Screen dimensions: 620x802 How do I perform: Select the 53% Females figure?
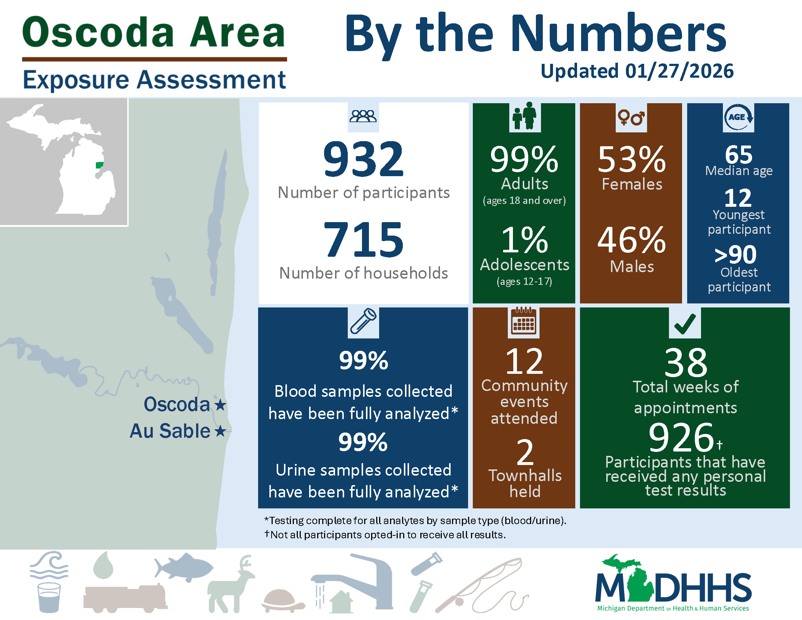coord(631,159)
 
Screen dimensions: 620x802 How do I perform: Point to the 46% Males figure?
coord(631,240)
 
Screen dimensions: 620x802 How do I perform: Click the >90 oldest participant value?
coord(736,255)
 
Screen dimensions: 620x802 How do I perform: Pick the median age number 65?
coord(739,155)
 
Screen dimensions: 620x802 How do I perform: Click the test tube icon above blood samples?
coord(363,321)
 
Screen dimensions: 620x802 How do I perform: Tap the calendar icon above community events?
coord(523,321)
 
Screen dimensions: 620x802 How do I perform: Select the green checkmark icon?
coord(685,323)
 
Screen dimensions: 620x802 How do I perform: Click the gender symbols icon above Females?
coord(631,117)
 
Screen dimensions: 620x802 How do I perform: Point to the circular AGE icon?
coord(738,117)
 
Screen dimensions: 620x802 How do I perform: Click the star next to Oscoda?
coord(220,405)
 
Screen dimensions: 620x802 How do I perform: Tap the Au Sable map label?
coord(170,431)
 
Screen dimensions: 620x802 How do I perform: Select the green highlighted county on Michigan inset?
coord(99,165)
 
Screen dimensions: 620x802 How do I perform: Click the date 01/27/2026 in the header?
coord(679,71)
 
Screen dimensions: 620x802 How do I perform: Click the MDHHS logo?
coord(673,584)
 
